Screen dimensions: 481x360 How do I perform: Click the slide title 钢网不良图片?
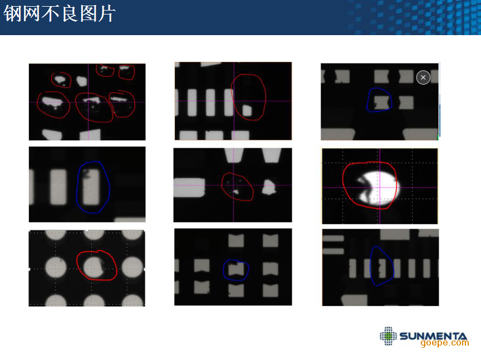59,14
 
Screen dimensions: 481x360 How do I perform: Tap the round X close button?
423,77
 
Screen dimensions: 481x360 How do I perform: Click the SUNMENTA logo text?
433,336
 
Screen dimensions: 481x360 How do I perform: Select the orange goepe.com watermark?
444,343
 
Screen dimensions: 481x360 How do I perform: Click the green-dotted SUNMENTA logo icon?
388,335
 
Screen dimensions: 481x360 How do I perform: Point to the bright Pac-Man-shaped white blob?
376,188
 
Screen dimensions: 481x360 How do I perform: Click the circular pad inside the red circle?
95,267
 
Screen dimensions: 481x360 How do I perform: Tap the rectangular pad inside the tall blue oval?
91,187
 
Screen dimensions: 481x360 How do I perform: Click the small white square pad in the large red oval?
247,110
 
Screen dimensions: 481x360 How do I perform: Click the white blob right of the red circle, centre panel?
269,187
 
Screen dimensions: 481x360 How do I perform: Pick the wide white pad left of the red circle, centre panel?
189,188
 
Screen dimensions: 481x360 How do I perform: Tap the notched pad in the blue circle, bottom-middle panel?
236,269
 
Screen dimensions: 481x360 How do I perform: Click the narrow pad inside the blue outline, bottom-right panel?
381,268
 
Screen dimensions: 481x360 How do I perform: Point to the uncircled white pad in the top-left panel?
82,81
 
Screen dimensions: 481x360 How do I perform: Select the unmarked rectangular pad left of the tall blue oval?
58,187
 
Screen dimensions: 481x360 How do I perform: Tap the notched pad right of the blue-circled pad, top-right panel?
406,103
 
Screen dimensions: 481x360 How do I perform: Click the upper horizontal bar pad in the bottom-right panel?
333,239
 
